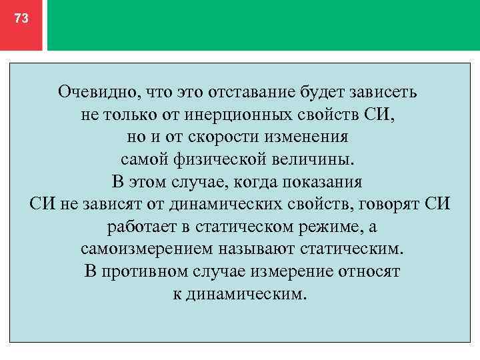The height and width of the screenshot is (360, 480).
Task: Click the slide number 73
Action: (x=21, y=19)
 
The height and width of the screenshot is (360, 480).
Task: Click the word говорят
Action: (x=385, y=205)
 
